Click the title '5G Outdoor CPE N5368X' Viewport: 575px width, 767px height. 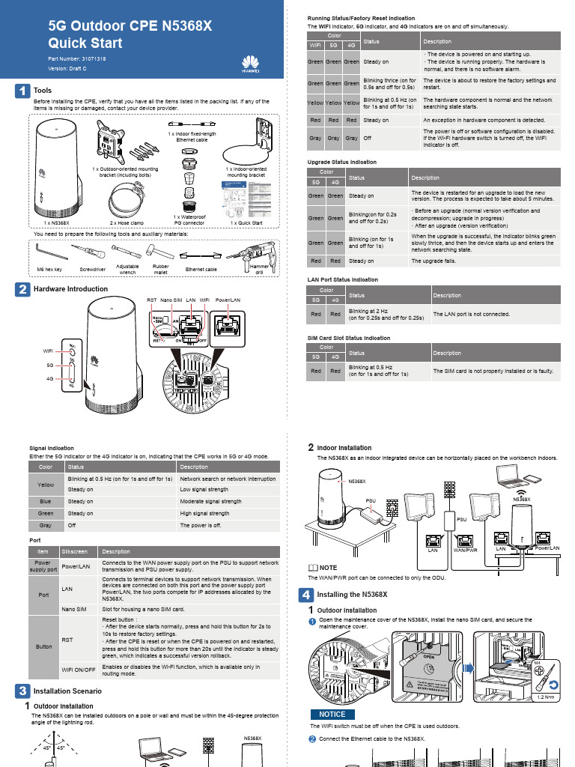pos(130,27)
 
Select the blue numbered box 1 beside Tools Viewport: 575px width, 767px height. pos(23,91)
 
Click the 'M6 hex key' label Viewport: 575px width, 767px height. pos(50,269)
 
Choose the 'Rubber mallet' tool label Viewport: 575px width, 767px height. pos(160,269)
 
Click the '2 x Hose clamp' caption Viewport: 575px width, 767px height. pos(127,223)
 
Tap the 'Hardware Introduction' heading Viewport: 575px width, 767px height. pos(71,288)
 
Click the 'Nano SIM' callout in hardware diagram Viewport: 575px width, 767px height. pos(171,300)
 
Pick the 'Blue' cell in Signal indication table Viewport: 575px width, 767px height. pos(46,501)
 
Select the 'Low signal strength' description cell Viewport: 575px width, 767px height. pos(204,489)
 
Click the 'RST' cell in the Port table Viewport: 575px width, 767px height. pos(67,640)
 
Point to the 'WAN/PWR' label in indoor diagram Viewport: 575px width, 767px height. pos(466,550)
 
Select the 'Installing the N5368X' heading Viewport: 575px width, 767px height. pos(352,595)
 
